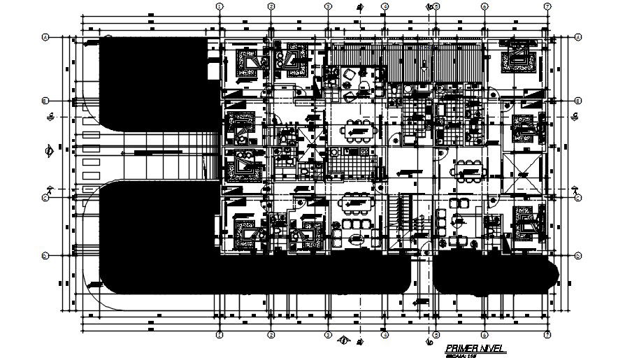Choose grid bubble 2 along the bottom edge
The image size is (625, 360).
pos(271,335)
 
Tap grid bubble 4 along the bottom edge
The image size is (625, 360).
pos(384,335)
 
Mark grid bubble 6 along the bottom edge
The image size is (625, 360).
pos(484,335)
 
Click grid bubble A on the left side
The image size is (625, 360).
pos(45,38)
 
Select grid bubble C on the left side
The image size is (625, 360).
pos(45,197)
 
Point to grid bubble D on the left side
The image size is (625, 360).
pos(45,255)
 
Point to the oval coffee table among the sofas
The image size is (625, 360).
pos(356,238)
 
